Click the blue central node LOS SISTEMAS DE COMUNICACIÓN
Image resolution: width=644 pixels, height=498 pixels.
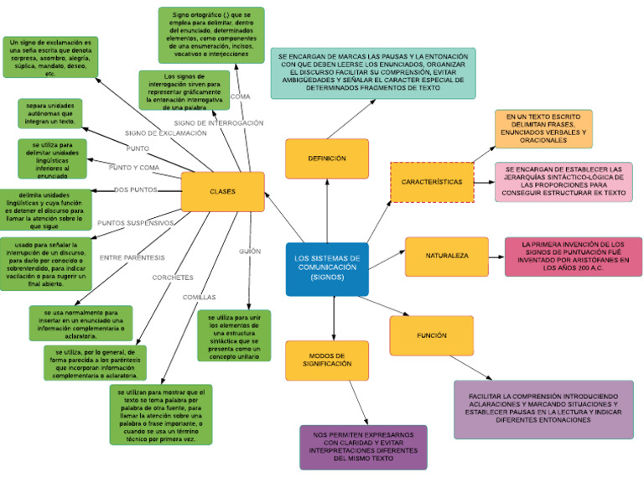pos(326,269)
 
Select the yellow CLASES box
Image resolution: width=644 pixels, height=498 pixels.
pos(222,191)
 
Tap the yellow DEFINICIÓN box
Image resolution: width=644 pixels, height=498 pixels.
pos(326,158)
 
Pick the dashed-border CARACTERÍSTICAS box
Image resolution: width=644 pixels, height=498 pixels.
pos(432,182)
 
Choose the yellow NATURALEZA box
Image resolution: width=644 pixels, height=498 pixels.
pos(446,256)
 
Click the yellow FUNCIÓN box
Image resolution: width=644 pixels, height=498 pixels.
pos(431,335)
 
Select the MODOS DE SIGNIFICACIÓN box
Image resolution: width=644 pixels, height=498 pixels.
pos(326,361)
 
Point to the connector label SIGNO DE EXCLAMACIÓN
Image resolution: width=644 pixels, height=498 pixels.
pos(165,133)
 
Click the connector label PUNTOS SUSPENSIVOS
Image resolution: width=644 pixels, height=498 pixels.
pos(135,223)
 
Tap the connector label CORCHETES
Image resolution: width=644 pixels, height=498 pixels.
pos(173,278)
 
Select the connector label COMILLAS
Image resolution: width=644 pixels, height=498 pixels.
pos(199,297)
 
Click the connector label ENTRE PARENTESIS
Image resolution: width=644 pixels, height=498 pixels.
pos(132,257)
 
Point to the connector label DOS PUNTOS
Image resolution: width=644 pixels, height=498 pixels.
pos(135,189)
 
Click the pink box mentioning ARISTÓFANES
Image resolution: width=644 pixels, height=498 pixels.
pos(573,257)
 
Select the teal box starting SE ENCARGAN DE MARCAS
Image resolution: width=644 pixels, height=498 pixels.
pos(372,73)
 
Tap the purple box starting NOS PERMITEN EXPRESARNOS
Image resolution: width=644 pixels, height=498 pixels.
pos(363,447)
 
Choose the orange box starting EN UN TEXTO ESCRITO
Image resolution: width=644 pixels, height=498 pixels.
pos(543,128)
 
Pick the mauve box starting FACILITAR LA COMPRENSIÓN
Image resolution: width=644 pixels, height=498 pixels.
pos(543,409)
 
